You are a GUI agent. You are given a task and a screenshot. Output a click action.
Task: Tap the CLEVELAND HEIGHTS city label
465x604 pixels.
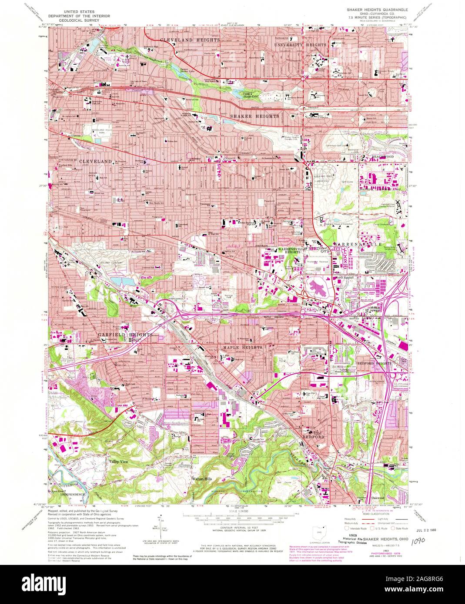coord(190,40)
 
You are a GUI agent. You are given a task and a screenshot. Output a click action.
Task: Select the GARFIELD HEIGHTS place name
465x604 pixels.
coord(125,335)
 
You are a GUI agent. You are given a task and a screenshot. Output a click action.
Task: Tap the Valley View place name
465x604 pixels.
coord(119,461)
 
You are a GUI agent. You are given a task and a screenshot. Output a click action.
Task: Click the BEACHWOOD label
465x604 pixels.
coord(382,156)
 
